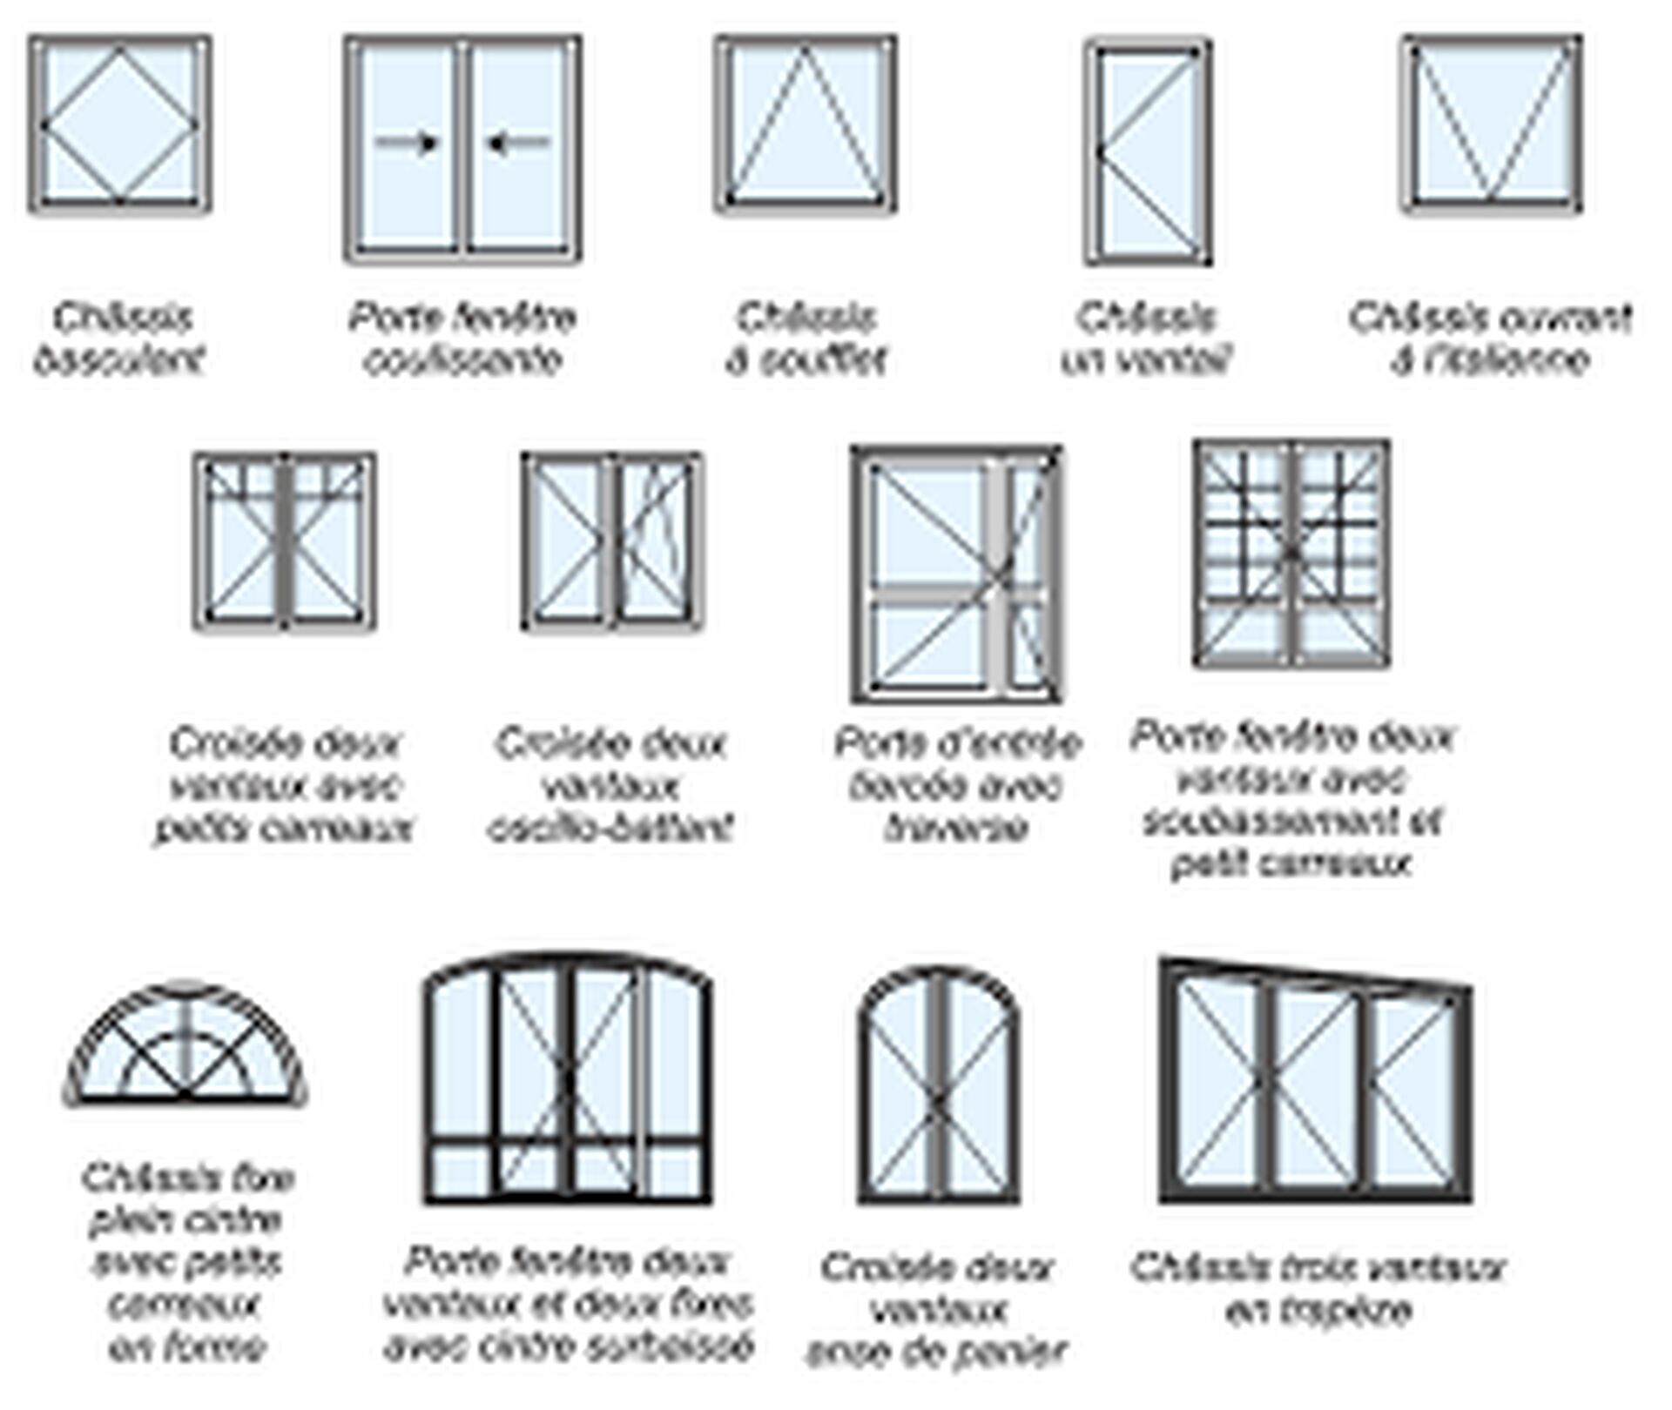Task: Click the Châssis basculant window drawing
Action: (x=120, y=124)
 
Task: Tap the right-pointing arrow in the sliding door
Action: (x=407, y=142)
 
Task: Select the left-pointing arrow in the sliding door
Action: (x=519, y=142)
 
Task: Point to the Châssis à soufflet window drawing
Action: (x=806, y=124)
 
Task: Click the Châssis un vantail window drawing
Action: (x=1148, y=151)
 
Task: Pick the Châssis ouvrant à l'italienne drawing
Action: (x=1492, y=124)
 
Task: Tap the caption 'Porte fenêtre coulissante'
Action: (x=462, y=338)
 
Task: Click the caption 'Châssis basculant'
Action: (x=120, y=338)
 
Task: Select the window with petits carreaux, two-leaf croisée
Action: (x=285, y=540)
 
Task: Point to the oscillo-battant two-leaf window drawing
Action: (x=613, y=540)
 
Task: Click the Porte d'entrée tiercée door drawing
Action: (x=957, y=574)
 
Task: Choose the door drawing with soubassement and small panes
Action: (x=1291, y=554)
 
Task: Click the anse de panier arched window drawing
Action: (x=938, y=1088)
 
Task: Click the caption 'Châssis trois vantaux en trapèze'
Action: (x=1318, y=1288)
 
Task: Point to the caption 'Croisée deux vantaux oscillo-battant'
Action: (x=611, y=785)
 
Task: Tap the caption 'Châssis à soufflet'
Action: (x=806, y=338)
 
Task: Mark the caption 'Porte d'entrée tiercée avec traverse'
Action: (x=957, y=785)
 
